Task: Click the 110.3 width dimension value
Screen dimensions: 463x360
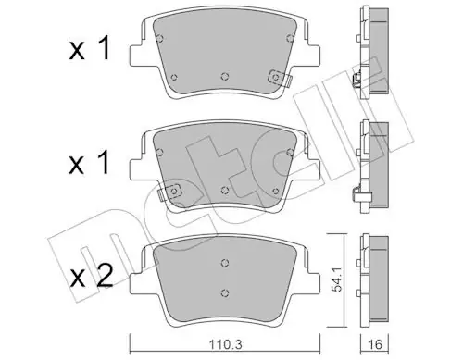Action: (x=225, y=344)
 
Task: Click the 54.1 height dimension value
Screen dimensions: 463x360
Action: (x=336, y=279)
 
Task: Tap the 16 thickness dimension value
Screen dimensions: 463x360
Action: (x=375, y=344)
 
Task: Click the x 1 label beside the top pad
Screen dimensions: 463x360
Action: (x=90, y=49)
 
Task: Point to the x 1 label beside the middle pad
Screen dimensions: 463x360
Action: (x=90, y=163)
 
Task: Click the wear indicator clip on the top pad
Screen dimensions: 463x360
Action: (x=279, y=77)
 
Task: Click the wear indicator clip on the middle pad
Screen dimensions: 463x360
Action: (x=170, y=192)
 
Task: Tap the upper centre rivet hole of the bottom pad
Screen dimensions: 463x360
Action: (x=225, y=263)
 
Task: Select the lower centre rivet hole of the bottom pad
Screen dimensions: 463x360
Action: (x=225, y=292)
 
